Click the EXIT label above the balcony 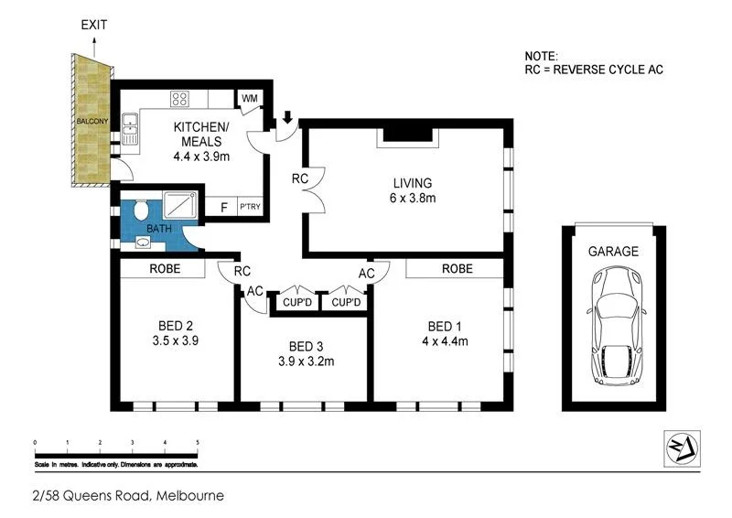coord(93,26)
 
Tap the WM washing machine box coord(249,99)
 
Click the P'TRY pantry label coord(250,207)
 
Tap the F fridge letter coord(223,207)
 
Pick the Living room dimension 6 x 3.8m coord(409,197)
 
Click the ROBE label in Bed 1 coord(457,269)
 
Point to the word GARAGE coord(614,251)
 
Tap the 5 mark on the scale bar coord(198,442)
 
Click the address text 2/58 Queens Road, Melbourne coord(125,496)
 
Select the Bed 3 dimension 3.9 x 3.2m coord(305,361)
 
